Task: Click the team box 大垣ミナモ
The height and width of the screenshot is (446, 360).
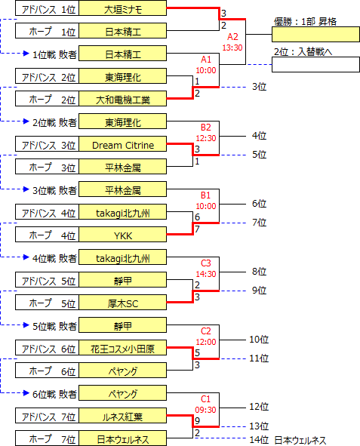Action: tap(122, 8)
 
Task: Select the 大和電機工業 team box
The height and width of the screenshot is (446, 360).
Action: tap(122, 99)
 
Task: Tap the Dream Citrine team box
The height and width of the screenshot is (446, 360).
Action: tap(122, 144)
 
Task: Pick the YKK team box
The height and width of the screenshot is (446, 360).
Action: tap(122, 235)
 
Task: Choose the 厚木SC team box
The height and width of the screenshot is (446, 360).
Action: tap(122, 303)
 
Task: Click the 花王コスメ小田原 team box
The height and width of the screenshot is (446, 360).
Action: tap(122, 348)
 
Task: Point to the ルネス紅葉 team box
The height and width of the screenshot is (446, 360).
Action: tap(122, 416)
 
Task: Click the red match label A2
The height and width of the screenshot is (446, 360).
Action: tap(232, 37)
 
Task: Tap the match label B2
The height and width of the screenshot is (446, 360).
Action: tap(206, 127)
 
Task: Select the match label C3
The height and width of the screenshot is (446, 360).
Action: tap(206, 263)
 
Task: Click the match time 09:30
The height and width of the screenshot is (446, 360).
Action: tap(205, 410)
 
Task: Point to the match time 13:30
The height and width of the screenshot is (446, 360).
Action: tap(232, 48)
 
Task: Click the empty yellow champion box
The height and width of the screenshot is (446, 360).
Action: tap(315, 35)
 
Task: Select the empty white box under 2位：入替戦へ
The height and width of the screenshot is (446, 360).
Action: tap(315, 65)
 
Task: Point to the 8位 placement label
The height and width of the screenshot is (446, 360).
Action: tap(259, 272)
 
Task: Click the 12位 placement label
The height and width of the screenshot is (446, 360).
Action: tap(259, 407)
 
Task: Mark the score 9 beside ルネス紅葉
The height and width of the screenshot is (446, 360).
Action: tap(197, 420)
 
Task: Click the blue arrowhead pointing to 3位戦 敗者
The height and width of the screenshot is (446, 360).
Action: tap(26, 189)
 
